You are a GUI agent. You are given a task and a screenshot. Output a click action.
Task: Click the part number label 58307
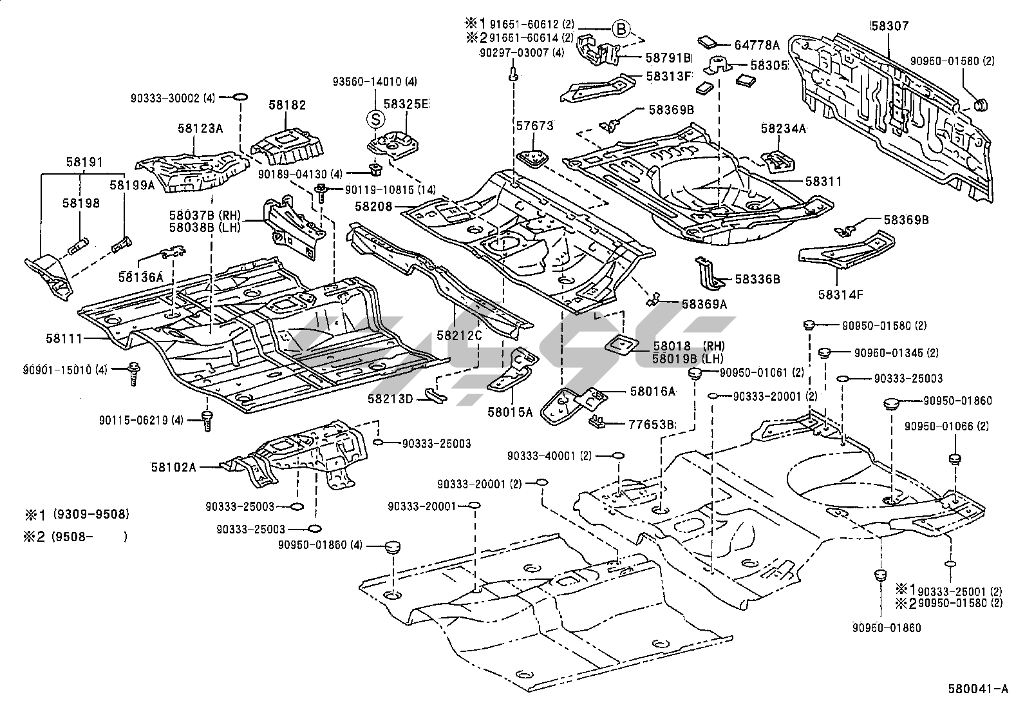(x=889, y=26)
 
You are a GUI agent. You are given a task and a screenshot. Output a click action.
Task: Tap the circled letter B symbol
(x=619, y=28)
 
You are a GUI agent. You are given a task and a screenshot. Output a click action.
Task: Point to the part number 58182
(x=287, y=105)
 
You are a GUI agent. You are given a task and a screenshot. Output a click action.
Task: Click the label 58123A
(x=200, y=128)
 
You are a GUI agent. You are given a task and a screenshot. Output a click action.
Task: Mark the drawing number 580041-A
(x=978, y=689)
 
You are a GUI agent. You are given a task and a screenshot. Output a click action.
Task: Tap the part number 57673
(x=534, y=126)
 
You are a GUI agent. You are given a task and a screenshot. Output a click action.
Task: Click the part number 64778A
(x=757, y=45)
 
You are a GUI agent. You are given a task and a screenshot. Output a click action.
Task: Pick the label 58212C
(x=458, y=335)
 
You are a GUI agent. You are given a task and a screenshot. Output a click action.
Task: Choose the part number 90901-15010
(x=57, y=370)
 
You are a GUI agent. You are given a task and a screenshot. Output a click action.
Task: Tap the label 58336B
(x=758, y=280)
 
